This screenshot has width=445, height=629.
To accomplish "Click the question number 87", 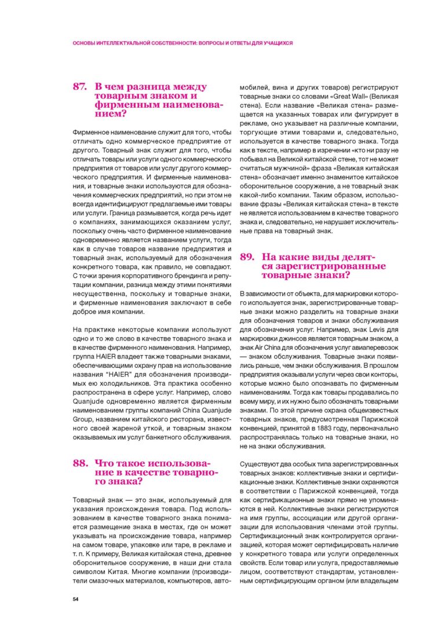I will (79, 87).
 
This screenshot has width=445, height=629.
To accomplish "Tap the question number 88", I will (79, 463).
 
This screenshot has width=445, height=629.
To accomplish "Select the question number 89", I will (247, 257).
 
